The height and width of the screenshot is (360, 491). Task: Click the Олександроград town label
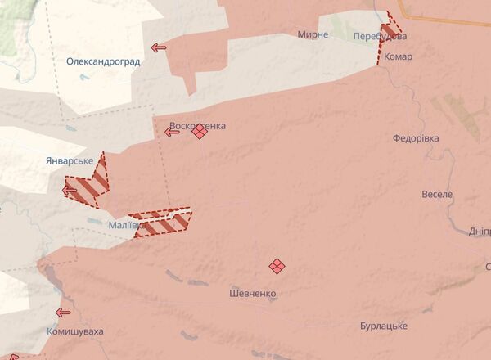pos(103,61)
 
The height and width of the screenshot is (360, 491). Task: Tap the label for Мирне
pos(313,34)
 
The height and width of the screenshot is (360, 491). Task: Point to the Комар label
pos(399,57)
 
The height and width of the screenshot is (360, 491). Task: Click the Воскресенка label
pos(197,126)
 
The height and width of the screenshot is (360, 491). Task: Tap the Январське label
pos(70,160)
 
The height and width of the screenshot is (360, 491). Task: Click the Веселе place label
pos(437,195)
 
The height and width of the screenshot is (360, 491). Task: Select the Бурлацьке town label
pos(384,326)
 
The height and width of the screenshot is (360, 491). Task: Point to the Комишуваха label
pos(75,332)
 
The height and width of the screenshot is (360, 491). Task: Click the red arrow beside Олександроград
pos(159,47)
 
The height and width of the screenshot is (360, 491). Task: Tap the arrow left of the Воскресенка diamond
pos(172,132)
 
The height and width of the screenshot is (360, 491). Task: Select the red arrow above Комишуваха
pos(63,312)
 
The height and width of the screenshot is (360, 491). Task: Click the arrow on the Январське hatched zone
pos(70,191)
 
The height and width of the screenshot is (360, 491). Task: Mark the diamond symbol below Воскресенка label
pos(200,132)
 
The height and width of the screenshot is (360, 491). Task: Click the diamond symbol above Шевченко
pos(277,265)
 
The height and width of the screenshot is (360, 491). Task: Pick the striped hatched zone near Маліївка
pos(164,223)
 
